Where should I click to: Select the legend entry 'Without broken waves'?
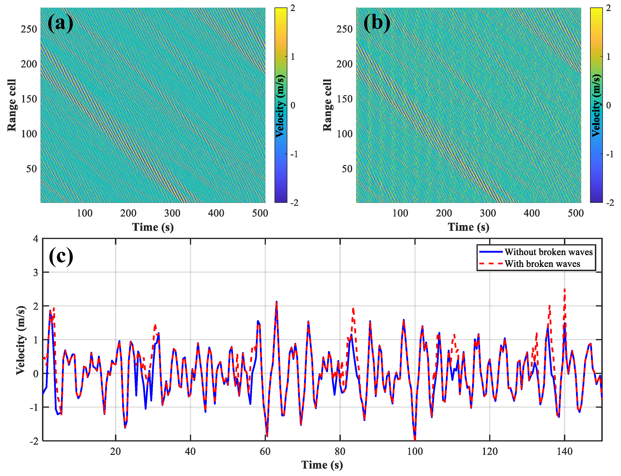tap(548, 252)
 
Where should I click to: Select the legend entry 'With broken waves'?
tap(542, 264)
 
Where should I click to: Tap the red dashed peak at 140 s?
tap(564, 290)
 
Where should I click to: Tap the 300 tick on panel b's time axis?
tap(488, 213)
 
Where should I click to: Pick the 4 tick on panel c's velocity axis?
tap(35, 239)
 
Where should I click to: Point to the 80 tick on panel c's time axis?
tap(340, 451)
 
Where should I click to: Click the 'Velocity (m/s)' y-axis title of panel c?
tap(20, 340)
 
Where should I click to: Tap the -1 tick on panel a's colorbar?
tap(294, 154)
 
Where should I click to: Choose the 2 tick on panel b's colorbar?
tap(608, 8)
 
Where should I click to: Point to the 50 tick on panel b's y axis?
tap(347, 169)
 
